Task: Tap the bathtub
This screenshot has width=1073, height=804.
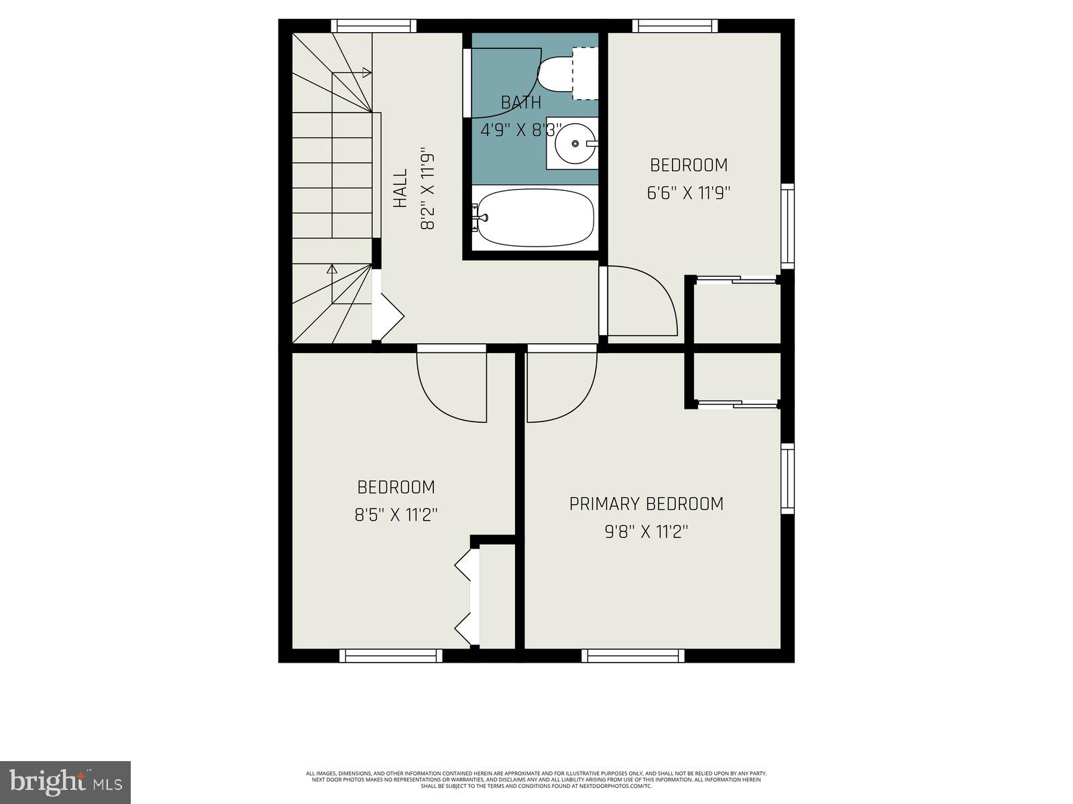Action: (534, 219)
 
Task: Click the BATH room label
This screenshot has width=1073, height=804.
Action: (521, 103)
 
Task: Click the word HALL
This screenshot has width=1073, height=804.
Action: (400, 188)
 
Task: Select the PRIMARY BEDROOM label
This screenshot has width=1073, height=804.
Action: (646, 504)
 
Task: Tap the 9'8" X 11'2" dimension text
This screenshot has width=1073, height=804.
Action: (646, 532)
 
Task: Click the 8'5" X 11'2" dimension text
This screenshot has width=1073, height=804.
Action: (396, 515)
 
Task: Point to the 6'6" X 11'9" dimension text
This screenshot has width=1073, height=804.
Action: (688, 193)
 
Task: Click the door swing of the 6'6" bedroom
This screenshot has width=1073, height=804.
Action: (640, 301)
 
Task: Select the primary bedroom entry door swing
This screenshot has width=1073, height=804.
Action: (561, 387)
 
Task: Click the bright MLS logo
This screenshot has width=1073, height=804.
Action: (65, 781)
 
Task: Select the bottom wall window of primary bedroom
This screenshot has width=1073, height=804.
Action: (632, 655)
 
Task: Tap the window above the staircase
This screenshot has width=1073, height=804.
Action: (374, 26)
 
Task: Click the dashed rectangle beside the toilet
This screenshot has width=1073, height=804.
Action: (585, 73)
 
